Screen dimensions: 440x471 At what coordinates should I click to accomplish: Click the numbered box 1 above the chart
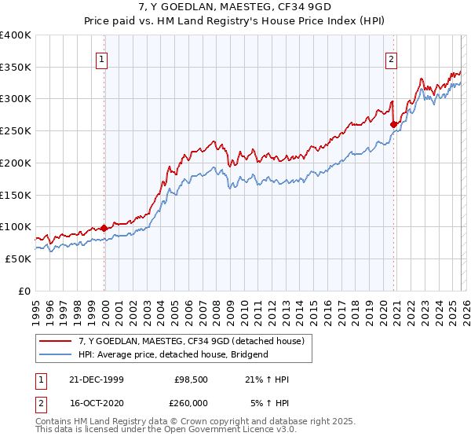[102, 57]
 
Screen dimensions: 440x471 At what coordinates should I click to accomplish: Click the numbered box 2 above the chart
[391, 57]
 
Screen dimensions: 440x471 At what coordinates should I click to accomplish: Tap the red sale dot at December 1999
[104, 228]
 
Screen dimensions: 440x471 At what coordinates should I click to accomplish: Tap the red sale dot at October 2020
[393, 123]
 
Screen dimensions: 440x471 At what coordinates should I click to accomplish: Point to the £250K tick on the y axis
[16, 130]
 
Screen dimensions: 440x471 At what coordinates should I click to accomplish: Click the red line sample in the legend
[56, 341]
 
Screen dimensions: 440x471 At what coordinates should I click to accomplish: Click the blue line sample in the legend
[56, 354]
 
